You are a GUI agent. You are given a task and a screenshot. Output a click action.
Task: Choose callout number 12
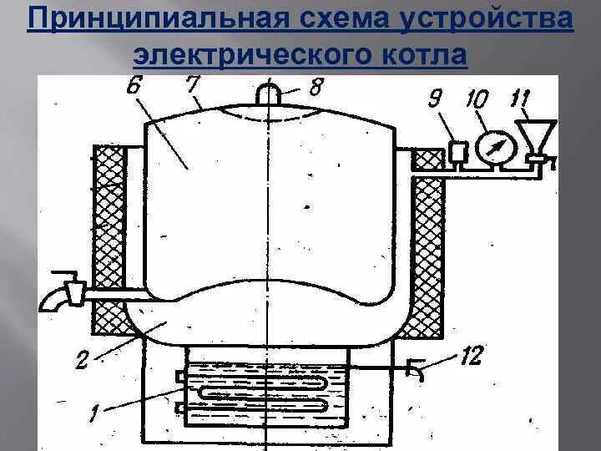point(472,357)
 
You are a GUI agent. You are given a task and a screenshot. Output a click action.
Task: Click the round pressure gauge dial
point(492,146)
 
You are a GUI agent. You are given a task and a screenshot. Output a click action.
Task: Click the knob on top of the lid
point(269,92)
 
